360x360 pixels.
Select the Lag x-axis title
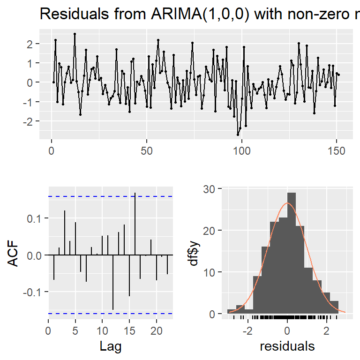click(111, 347)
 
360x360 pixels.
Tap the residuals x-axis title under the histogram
click(287, 347)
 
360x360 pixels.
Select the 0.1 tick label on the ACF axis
click(35, 218)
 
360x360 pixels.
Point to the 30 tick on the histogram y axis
click(209, 189)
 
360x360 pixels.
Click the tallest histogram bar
click(292, 253)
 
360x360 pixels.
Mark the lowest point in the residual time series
click(238, 135)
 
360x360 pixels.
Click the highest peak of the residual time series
click(75, 34)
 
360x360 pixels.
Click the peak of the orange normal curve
click(287, 203)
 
